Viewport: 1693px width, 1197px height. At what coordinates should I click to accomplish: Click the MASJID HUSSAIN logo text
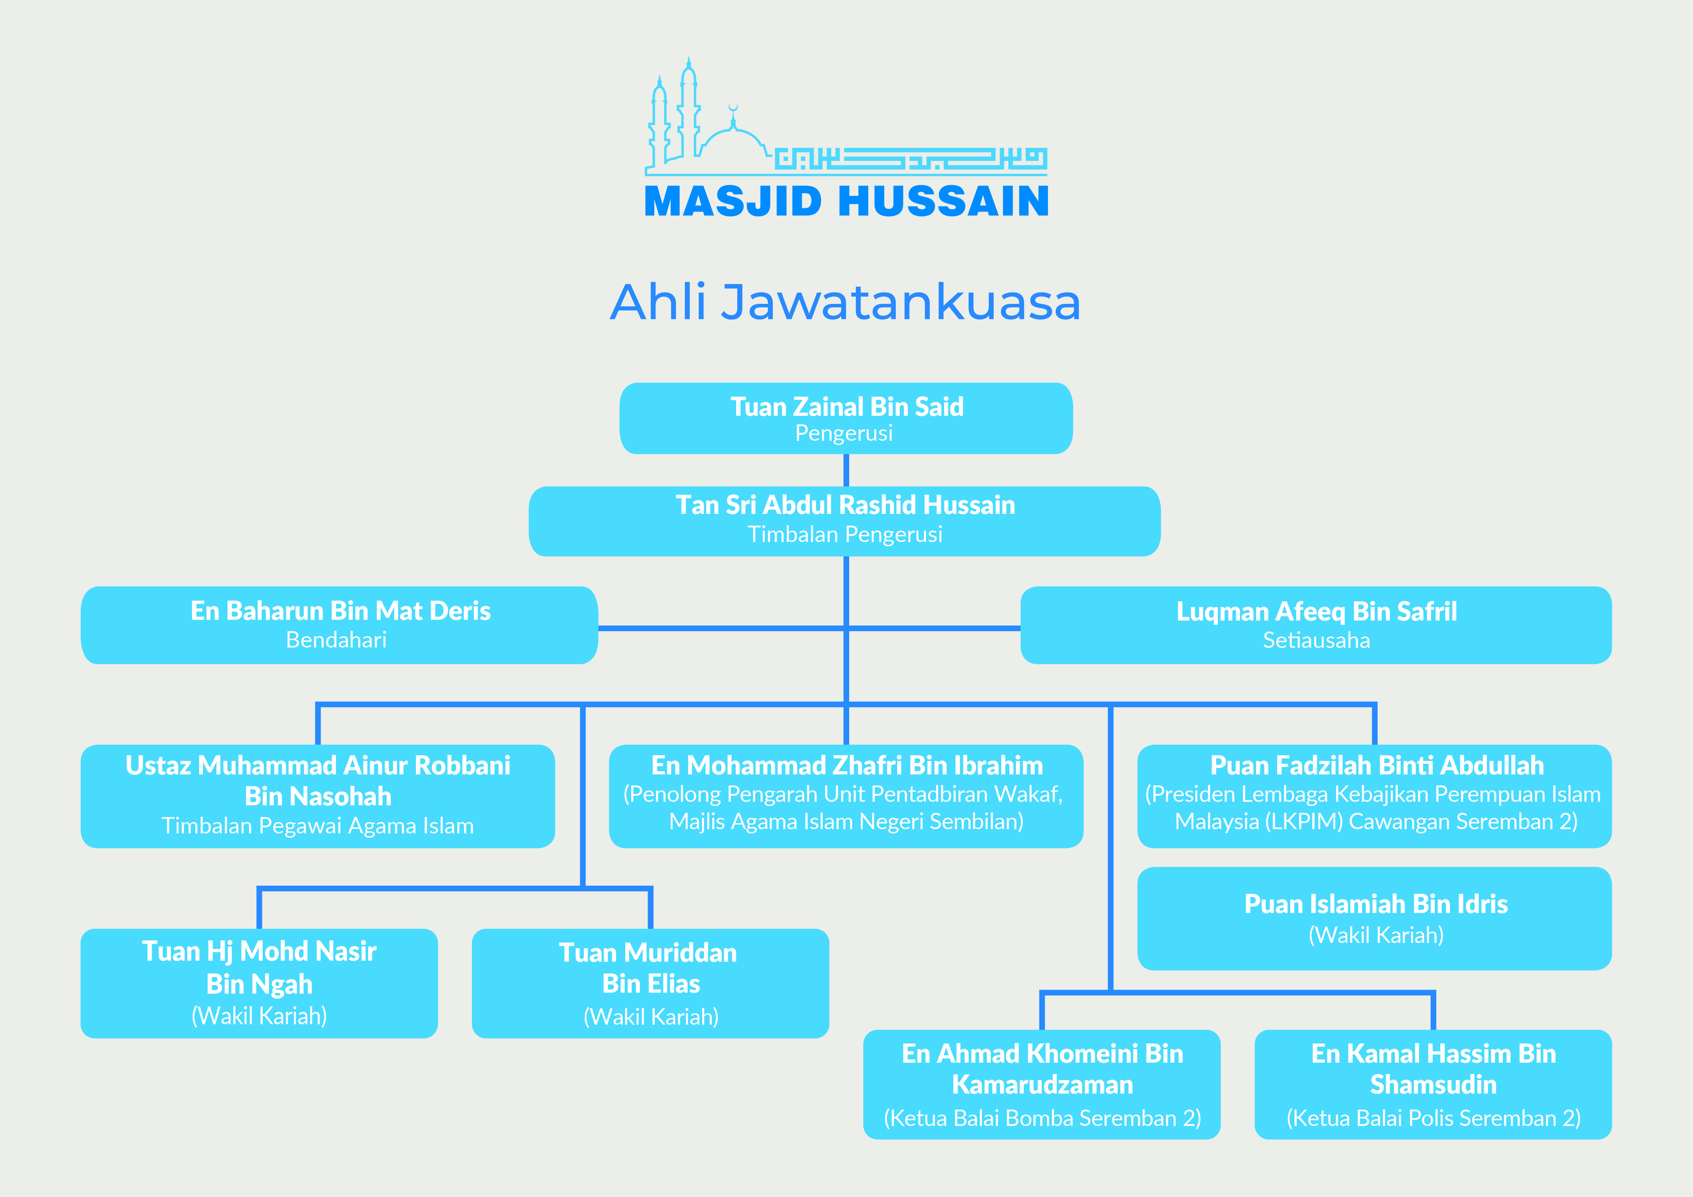(847, 201)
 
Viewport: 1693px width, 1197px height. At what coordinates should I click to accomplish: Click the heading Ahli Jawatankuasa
(846, 302)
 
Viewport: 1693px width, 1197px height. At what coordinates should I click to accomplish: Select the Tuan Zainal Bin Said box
(846, 418)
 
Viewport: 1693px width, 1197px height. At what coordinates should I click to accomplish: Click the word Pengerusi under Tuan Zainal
(844, 433)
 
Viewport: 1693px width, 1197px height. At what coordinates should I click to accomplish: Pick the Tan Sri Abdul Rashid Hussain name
(846, 505)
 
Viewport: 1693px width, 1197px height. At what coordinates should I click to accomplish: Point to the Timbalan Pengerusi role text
(845, 535)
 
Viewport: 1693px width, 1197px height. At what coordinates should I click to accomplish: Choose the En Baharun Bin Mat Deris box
(339, 625)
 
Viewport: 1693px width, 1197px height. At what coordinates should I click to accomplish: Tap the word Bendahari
(336, 640)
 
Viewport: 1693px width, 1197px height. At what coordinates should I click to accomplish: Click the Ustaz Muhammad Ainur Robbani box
(318, 796)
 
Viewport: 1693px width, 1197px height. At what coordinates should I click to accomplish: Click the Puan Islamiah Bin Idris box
(1375, 918)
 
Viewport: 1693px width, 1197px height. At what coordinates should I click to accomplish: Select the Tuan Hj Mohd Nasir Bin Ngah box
(259, 983)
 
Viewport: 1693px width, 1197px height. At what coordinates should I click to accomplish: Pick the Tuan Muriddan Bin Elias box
(650, 983)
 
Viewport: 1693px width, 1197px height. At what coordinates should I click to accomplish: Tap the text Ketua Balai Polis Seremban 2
(1434, 1118)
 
